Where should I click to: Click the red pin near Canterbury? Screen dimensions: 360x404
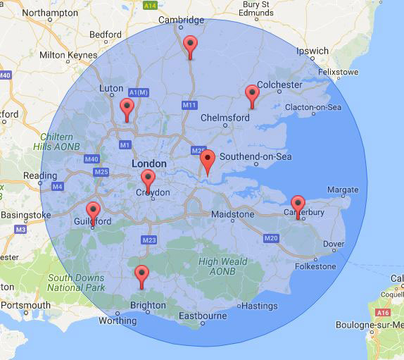[298, 206]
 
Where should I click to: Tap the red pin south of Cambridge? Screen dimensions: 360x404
[190, 46]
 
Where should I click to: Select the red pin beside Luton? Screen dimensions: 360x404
[127, 108]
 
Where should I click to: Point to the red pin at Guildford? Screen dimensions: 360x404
[93, 211]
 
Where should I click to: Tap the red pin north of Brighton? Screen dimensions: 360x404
[141, 275]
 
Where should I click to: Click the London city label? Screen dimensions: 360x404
[149, 163]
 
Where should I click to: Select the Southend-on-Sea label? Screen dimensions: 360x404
[255, 156]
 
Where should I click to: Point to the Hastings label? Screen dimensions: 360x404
[260, 306]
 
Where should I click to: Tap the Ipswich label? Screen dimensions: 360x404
[312, 51]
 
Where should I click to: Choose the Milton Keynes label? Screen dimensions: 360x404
[68, 54]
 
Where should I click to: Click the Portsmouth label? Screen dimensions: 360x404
[25, 305]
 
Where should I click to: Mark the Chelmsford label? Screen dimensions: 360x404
[225, 118]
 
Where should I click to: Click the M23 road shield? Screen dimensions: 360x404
[149, 240]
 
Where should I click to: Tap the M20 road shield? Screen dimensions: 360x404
[272, 238]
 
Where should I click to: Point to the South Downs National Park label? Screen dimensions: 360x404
[76, 283]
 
